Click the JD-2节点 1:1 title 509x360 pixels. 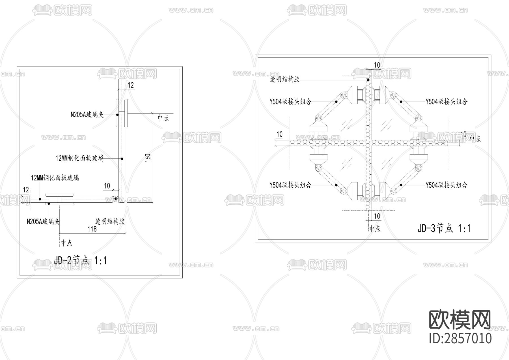[80, 260]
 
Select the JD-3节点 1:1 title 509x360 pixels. [444, 228]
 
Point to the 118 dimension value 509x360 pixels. [92, 229]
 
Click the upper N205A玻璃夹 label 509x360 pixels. [87, 115]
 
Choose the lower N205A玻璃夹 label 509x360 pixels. [43, 221]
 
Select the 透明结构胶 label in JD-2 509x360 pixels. [110, 221]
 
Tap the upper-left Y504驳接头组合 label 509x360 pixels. [290, 101]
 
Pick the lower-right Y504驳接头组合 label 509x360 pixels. [447, 185]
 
